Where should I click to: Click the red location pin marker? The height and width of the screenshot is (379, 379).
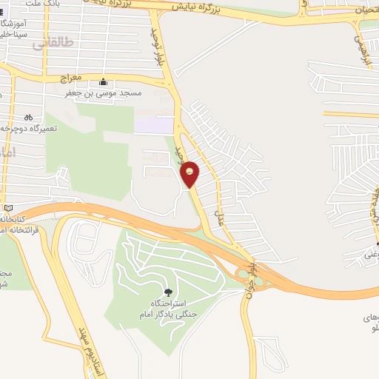[190, 172]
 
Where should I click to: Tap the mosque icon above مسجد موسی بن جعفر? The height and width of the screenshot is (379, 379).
[103, 82]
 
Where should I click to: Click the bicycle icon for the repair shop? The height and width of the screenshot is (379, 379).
[28, 116]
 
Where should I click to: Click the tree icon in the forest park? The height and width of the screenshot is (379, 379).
[167, 292]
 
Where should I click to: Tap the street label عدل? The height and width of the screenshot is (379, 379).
[219, 216]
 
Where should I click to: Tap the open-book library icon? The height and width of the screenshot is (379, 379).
[8, 208]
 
